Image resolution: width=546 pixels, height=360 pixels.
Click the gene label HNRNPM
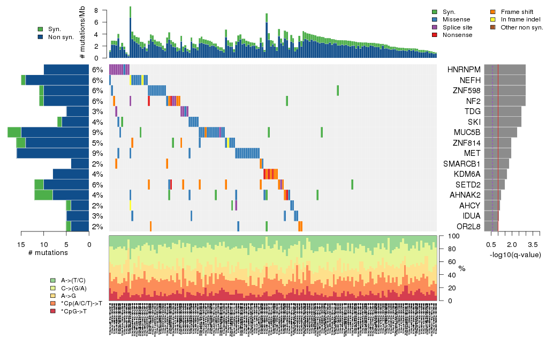tap(464, 70)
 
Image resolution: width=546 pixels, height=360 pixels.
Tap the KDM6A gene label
tap(465, 174)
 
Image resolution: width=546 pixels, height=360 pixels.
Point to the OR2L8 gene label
tap(466, 227)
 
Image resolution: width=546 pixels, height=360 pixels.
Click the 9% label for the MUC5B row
tap(97, 132)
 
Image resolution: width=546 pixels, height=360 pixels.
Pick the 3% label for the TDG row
tap(97, 111)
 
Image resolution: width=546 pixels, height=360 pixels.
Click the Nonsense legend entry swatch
tap(434, 35)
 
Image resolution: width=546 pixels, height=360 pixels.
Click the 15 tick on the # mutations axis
tap(21, 244)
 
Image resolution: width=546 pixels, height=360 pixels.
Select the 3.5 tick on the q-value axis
tap(533, 244)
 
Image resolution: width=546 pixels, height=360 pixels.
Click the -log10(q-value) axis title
tap(515, 255)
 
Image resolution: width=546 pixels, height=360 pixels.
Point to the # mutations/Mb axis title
tap(83, 34)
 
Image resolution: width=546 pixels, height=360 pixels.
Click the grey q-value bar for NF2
tap(504, 101)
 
